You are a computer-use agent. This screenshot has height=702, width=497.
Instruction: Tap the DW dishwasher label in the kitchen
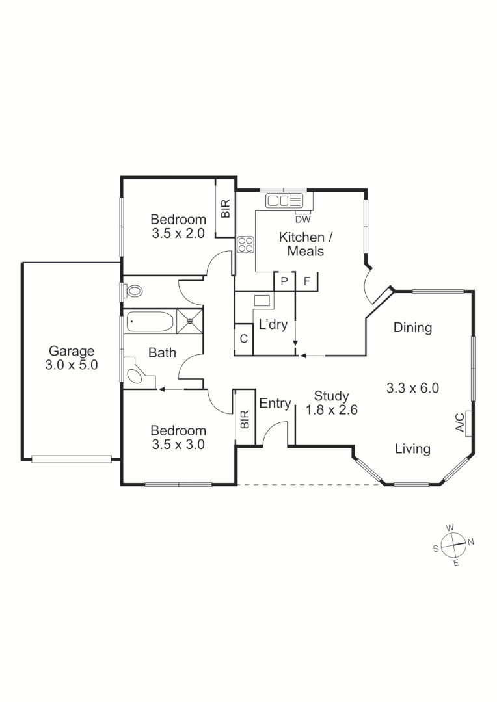[303, 218]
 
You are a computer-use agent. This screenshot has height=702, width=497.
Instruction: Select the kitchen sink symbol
[285, 201]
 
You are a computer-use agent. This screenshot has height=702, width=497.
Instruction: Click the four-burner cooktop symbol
[245, 244]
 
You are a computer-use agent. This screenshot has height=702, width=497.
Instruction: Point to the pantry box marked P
[284, 281]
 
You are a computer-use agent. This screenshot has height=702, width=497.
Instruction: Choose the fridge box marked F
[306, 281]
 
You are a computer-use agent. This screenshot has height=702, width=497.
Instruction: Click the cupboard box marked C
[243, 339]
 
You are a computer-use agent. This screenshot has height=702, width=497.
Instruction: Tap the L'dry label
[273, 325]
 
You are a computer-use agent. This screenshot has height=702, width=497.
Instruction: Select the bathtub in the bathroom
[150, 320]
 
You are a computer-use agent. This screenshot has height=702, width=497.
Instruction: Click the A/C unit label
[460, 422]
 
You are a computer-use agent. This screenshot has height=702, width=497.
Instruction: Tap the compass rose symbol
[453, 545]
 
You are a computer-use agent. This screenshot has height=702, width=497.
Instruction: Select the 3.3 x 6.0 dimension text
[412, 389]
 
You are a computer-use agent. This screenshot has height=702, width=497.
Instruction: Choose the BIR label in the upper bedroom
[225, 209]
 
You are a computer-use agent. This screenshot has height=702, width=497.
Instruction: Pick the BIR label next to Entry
[245, 419]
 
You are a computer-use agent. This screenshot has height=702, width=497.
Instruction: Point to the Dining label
[412, 328]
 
